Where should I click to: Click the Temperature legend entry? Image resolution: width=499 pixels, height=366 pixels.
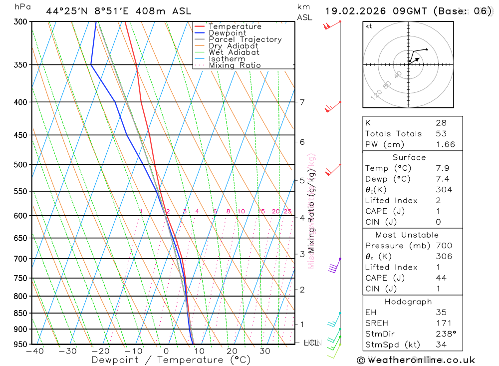(235, 26)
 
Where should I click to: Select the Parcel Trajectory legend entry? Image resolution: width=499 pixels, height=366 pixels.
(245, 39)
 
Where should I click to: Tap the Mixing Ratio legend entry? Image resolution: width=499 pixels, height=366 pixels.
(235, 65)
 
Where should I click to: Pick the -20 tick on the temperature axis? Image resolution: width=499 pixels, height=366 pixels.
(100, 352)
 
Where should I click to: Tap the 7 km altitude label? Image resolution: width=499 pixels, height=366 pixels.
(302, 102)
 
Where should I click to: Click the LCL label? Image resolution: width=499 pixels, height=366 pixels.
(311, 343)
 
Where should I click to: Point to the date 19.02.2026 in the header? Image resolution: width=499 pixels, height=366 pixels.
(353, 11)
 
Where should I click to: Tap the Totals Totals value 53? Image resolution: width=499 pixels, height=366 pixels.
(440, 134)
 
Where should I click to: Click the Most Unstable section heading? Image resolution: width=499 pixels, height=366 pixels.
(408, 235)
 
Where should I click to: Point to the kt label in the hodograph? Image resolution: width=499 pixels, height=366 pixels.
(369, 26)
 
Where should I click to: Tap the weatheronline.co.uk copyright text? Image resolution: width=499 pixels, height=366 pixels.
(416, 360)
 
